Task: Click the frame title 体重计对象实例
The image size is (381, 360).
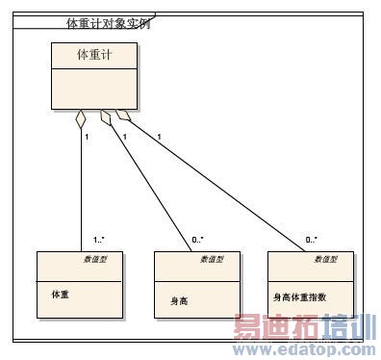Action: tap(107, 22)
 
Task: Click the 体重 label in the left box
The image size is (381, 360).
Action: tap(60, 296)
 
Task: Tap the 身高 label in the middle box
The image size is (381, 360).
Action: tap(177, 301)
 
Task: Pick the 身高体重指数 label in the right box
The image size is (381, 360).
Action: tap(300, 296)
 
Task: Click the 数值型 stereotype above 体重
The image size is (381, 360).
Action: tap(93, 259)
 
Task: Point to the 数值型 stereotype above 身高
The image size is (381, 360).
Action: tap(212, 259)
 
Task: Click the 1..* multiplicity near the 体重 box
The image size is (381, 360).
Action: tap(99, 240)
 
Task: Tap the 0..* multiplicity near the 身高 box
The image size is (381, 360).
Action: tap(198, 240)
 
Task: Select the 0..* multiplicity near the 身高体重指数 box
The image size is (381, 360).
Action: tap(312, 240)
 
